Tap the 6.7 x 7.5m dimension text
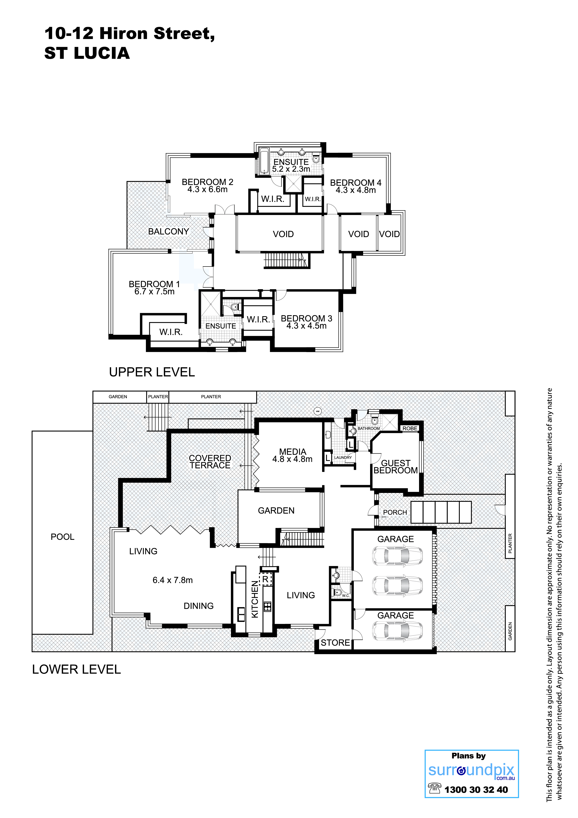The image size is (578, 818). (154, 292)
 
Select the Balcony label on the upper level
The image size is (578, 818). (169, 232)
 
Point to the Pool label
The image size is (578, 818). (63, 537)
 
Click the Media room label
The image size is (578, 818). (293, 452)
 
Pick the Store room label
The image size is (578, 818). (335, 643)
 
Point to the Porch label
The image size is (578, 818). (395, 512)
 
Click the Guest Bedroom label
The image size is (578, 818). (396, 467)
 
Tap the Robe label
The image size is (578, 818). (410, 429)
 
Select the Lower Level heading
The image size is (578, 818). (77, 669)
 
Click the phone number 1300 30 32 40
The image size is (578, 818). (476, 790)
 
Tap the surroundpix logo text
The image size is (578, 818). (471, 771)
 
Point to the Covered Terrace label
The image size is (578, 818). (210, 462)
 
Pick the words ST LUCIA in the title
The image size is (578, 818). (87, 53)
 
